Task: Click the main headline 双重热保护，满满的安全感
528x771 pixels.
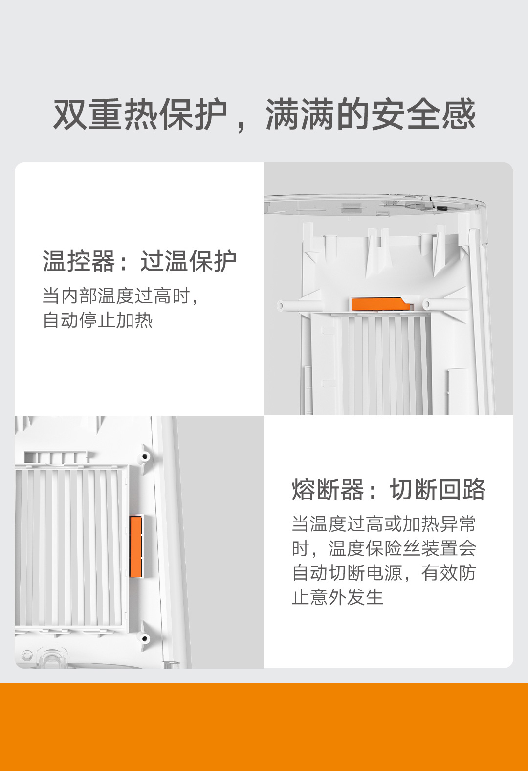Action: point(264,114)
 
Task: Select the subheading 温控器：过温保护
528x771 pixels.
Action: point(139,261)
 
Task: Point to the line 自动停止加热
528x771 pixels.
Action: point(98,320)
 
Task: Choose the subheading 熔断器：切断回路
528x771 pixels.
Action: point(389,489)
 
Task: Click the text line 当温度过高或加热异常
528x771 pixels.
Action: point(384,524)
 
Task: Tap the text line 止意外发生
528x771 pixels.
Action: point(337,597)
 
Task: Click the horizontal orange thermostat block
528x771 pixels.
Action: point(381,305)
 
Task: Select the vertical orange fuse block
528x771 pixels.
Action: point(136,546)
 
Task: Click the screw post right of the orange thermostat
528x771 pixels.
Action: point(445,304)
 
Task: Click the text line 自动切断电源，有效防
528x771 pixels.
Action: point(384,573)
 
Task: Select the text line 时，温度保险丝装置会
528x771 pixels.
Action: point(384,548)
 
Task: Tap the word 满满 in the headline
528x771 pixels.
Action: point(300,114)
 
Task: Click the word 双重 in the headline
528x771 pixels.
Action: point(88,114)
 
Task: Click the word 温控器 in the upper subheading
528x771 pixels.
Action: point(78,261)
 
